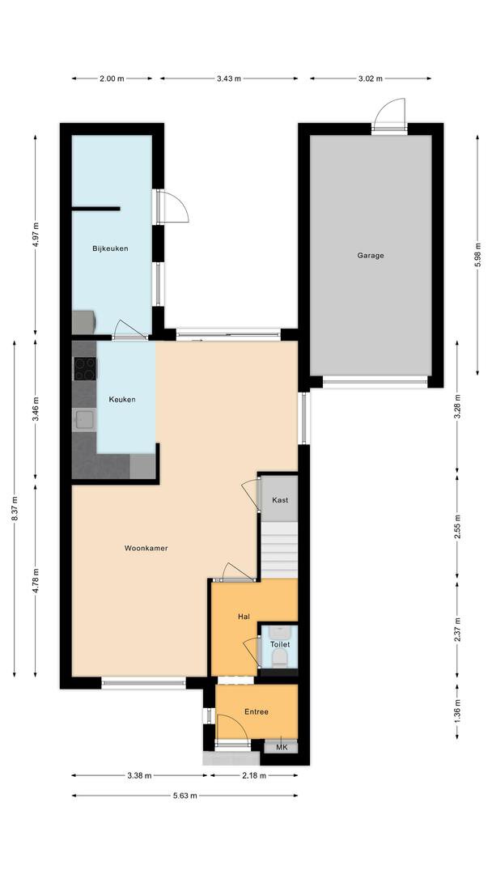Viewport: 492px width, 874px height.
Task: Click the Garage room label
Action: click(x=371, y=256)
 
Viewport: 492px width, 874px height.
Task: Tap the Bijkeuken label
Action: click(x=110, y=248)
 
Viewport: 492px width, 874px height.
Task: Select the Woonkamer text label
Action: click(x=146, y=548)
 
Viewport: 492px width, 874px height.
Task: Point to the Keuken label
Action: click(x=122, y=399)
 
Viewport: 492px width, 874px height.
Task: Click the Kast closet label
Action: click(x=280, y=500)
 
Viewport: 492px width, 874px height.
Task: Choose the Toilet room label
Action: click(x=280, y=644)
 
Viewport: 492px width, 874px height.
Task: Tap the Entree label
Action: click(x=257, y=712)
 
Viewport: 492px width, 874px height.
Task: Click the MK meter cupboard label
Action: click(x=282, y=747)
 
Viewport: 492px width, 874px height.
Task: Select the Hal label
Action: click(x=244, y=617)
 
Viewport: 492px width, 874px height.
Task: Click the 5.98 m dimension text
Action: click(x=477, y=255)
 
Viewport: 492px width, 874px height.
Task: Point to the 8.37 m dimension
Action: click(x=15, y=508)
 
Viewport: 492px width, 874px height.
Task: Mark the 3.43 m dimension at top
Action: click(x=229, y=78)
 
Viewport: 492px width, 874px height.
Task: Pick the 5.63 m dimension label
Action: click(x=184, y=796)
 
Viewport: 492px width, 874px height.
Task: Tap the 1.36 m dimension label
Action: click(x=457, y=713)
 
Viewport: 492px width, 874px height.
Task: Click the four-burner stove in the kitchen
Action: click(x=85, y=368)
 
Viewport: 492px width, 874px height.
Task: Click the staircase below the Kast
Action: click(x=279, y=550)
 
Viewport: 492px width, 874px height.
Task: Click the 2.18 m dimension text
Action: click(x=253, y=774)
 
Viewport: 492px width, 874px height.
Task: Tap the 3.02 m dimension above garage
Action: click(x=371, y=78)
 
